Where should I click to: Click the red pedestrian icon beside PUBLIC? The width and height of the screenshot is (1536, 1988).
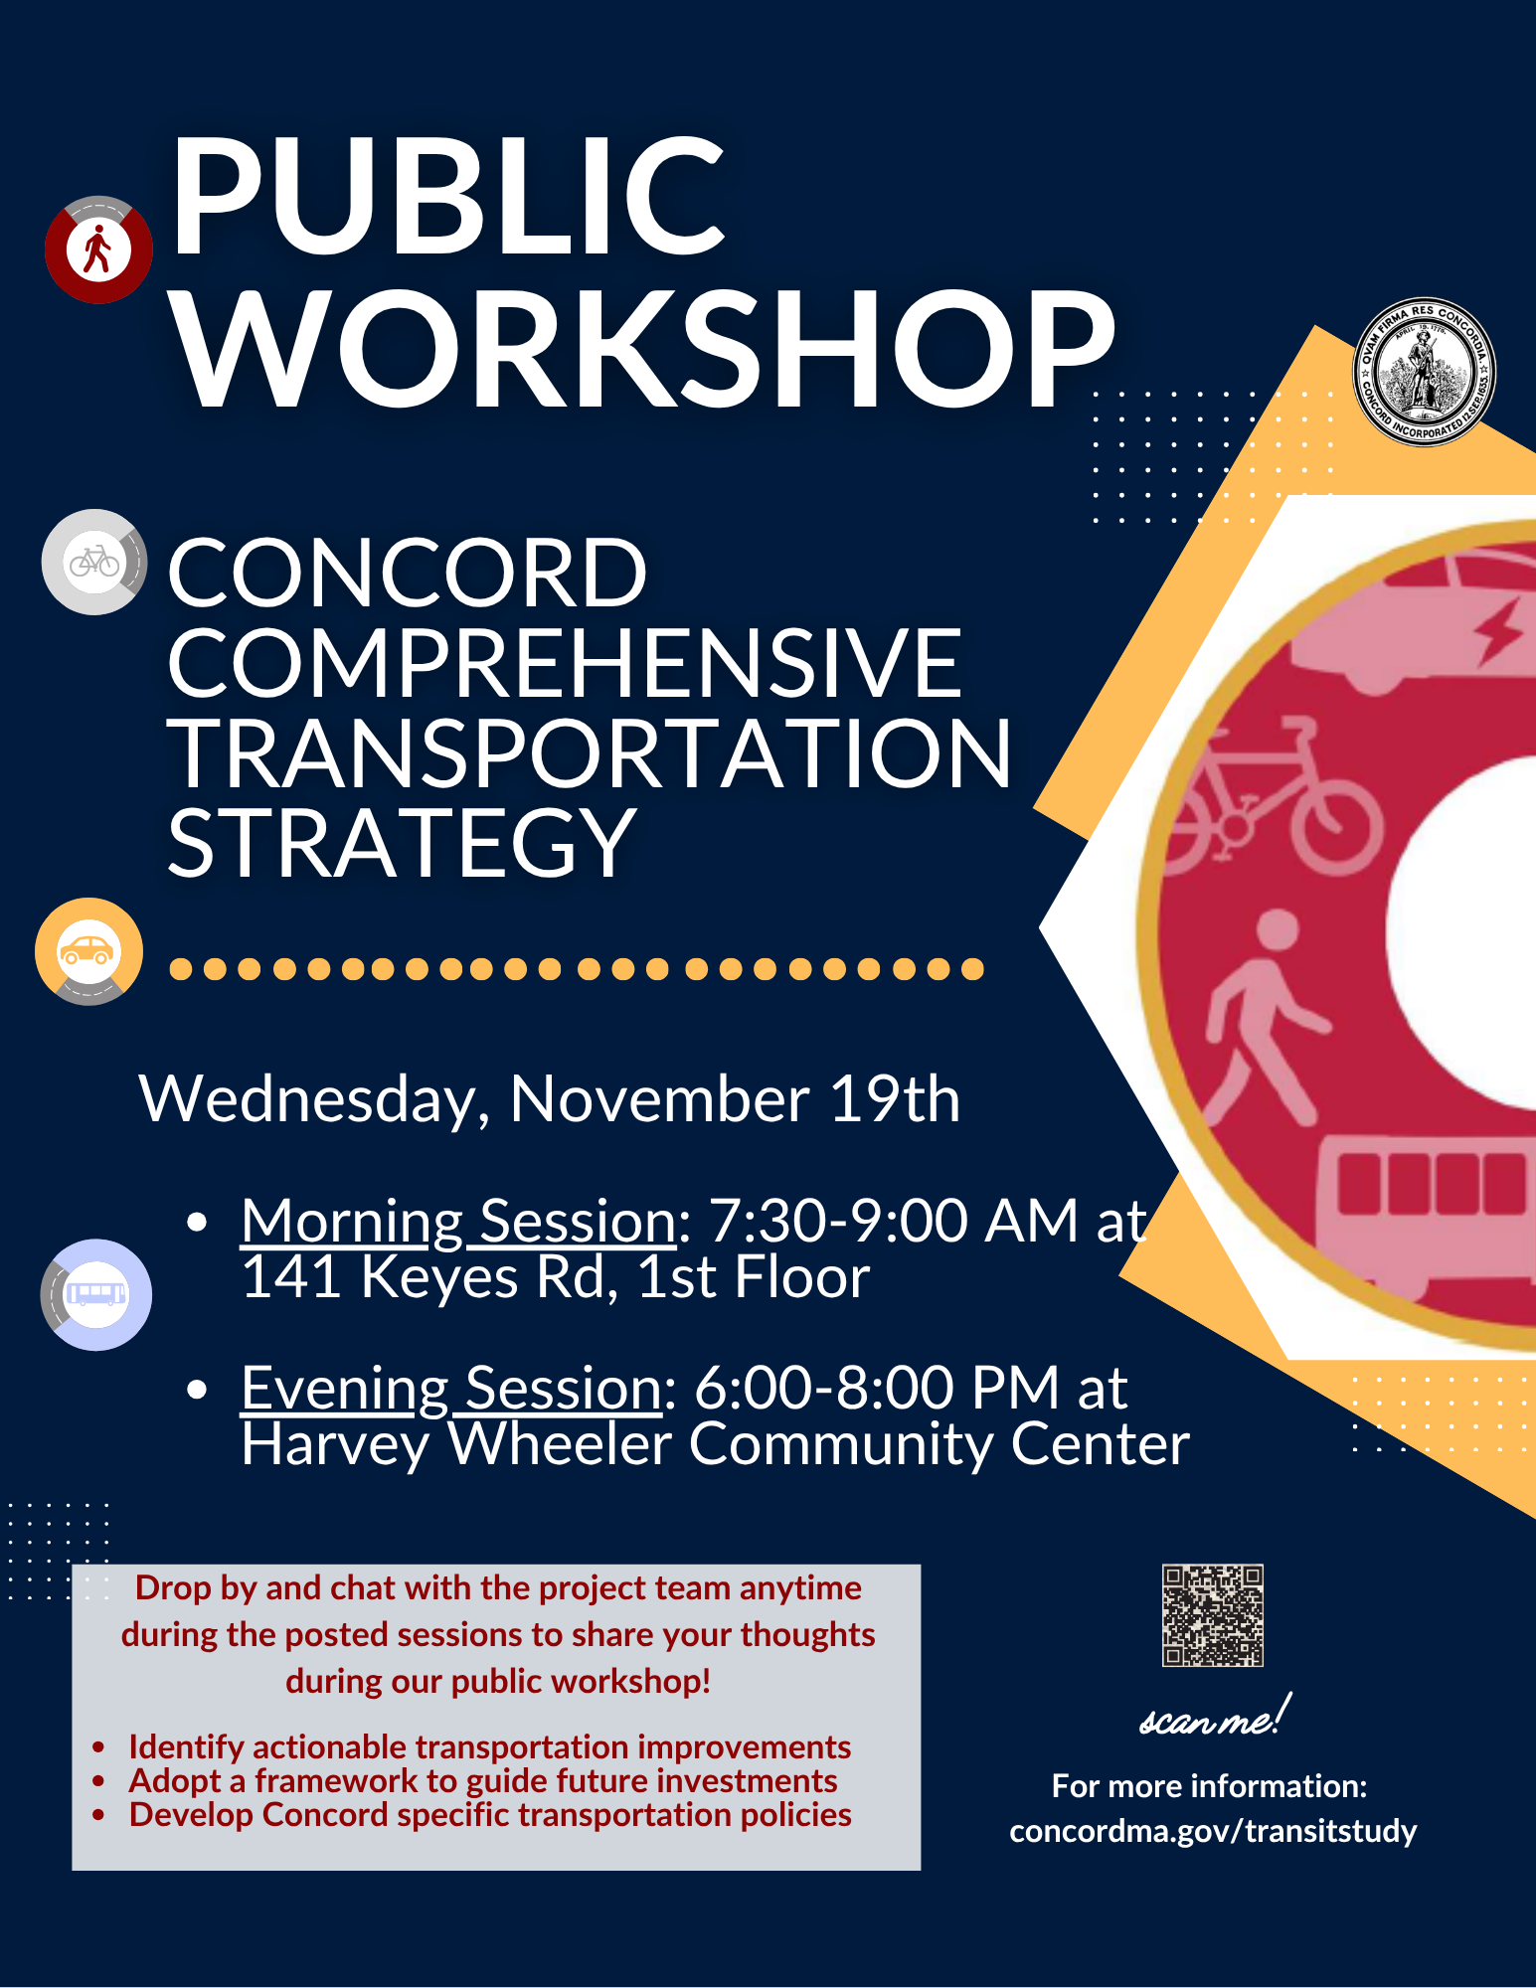98,249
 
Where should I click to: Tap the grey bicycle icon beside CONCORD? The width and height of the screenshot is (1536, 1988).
94,563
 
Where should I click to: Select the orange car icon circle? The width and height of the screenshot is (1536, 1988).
88,951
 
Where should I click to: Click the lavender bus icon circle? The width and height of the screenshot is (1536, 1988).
96,1294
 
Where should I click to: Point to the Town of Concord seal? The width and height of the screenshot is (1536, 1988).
1424,372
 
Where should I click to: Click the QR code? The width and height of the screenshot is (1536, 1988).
1212,1615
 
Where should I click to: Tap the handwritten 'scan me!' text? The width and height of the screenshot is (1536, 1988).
1214,1718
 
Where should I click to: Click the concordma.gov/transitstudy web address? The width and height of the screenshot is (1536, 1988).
1213,1831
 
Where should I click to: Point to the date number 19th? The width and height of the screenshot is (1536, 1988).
895,1099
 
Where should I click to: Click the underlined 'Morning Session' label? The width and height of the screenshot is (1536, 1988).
458,1221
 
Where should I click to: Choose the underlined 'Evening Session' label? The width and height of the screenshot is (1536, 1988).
451,1388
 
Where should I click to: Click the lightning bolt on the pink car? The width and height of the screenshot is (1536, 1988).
1500,633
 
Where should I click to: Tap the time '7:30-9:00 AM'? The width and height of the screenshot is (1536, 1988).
893,1221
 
